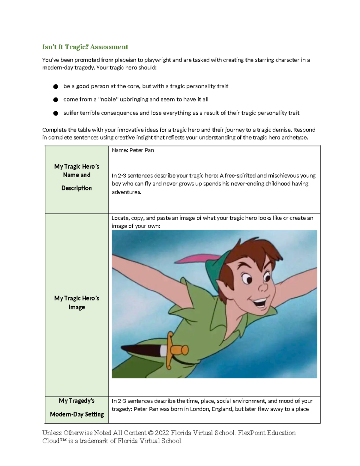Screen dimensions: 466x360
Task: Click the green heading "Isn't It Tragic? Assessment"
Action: point(85,47)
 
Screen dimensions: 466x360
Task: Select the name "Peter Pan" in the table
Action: point(142,150)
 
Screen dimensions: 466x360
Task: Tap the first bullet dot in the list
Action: point(55,87)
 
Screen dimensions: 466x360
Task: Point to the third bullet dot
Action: point(55,113)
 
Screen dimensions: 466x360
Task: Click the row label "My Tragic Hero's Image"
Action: point(76,302)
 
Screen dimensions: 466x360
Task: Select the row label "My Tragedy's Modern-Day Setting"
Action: point(77,407)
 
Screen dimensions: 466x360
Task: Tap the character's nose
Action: point(263,287)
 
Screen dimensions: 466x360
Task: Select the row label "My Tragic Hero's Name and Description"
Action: point(76,177)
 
